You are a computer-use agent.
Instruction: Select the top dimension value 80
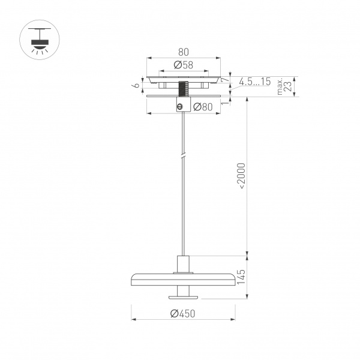click(184, 52)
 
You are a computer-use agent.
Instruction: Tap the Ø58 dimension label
click(182, 65)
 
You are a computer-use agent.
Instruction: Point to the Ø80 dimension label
click(203, 107)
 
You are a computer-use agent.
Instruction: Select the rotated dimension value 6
click(137, 85)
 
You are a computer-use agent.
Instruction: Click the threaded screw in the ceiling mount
click(184, 90)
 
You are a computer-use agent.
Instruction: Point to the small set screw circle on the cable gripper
click(179, 107)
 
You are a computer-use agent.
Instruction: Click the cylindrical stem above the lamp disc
click(184, 264)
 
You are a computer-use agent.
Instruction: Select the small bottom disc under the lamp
click(184, 295)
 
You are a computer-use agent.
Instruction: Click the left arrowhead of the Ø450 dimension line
click(133, 319)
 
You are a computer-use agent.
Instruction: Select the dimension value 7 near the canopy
click(223, 80)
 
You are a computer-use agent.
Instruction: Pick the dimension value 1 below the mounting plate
click(223, 103)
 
